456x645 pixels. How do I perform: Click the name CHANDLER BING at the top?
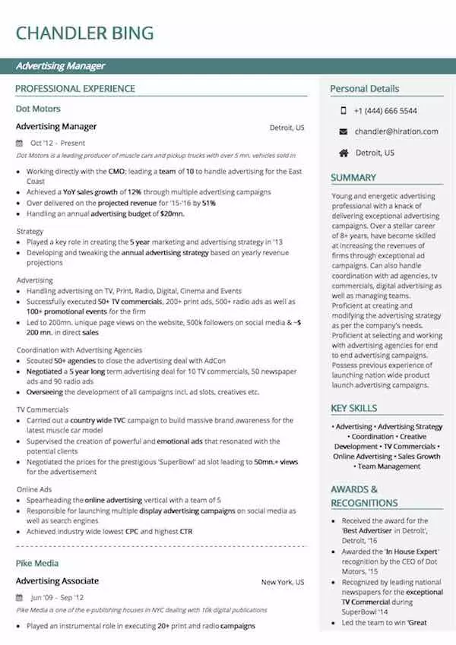click(x=84, y=33)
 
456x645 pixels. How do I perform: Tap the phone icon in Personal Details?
click(x=344, y=110)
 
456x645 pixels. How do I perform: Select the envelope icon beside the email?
click(x=344, y=131)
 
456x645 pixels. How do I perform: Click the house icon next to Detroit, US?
click(x=344, y=153)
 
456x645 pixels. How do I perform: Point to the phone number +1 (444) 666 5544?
click(x=385, y=110)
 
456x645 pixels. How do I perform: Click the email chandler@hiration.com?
click(x=396, y=131)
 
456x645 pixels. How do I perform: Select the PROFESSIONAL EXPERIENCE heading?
click(x=75, y=89)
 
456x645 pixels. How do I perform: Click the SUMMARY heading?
click(x=353, y=178)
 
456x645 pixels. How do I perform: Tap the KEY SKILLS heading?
click(x=354, y=409)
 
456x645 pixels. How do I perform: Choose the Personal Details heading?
click(x=364, y=89)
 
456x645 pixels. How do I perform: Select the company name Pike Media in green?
click(x=37, y=563)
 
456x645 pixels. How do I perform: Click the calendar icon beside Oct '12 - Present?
click(x=20, y=143)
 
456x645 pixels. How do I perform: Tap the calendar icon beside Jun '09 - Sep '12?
click(x=20, y=598)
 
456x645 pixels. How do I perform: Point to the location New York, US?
click(x=283, y=583)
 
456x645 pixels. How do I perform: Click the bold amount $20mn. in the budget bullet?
click(x=172, y=214)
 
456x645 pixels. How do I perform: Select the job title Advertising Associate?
click(x=57, y=581)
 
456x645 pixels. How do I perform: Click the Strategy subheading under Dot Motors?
click(x=30, y=231)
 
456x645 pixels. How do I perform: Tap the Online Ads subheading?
click(x=34, y=489)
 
